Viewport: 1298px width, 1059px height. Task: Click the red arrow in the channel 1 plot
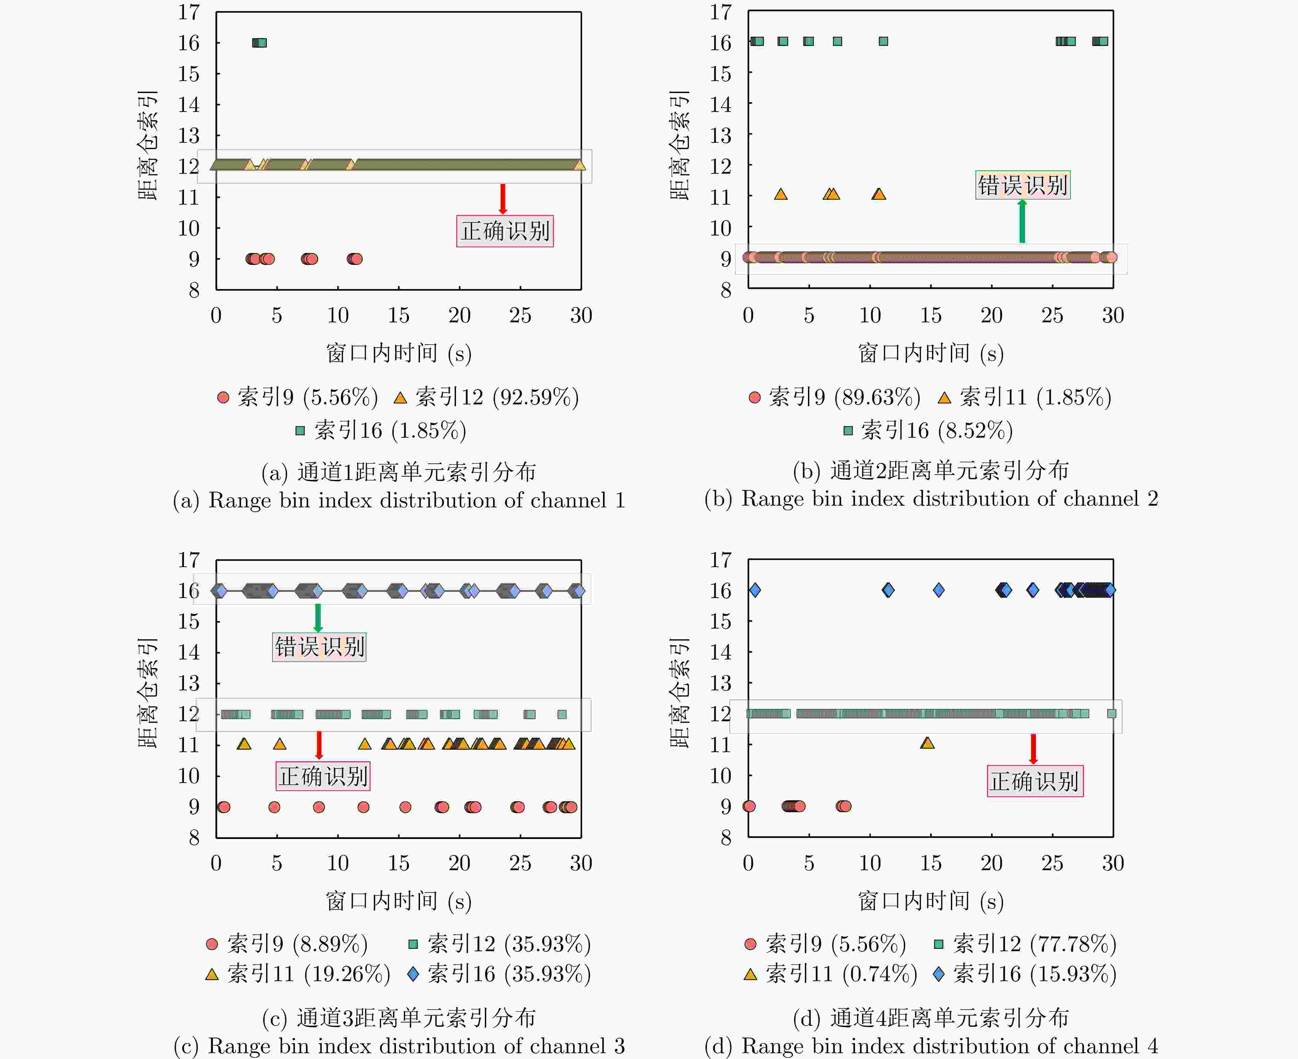point(503,199)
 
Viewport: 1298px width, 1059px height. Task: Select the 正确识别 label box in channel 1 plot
point(505,231)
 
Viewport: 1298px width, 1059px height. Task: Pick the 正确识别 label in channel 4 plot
point(1035,781)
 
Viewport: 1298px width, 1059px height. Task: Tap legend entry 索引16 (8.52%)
point(927,431)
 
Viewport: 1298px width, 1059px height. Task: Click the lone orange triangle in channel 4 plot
point(927,743)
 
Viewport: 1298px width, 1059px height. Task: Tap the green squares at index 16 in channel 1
point(259,43)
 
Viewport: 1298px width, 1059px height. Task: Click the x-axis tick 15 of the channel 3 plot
point(398,863)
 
